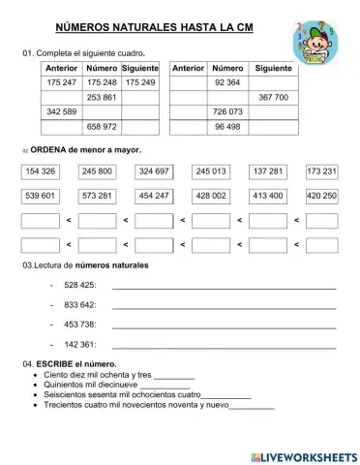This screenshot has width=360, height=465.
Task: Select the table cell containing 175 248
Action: [102, 84]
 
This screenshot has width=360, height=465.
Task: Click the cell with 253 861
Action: [102, 98]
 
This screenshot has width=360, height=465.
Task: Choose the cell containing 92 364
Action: [226, 84]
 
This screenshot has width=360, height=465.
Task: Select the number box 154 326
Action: [41, 171]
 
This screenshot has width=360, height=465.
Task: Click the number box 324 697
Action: [154, 171]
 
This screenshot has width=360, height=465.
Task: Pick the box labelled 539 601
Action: [41, 196]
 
